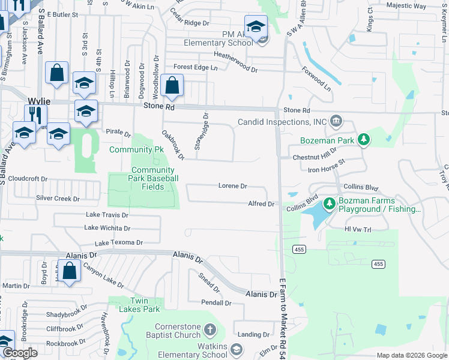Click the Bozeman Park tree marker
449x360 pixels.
363,140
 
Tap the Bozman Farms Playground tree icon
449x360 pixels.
329,204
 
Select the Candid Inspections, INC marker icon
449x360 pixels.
336,122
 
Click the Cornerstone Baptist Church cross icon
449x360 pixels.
209,329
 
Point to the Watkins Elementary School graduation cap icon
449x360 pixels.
237,349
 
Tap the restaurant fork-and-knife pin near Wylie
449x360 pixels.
35,114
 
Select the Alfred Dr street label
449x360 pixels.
261,204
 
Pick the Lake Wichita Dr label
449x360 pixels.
107,228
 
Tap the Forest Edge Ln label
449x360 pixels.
195,67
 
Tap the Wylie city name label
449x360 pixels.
40,101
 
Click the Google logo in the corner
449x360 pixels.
20,353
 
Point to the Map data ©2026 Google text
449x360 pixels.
411,355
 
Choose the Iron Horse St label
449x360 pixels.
327,166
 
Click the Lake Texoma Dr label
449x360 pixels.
119,243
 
